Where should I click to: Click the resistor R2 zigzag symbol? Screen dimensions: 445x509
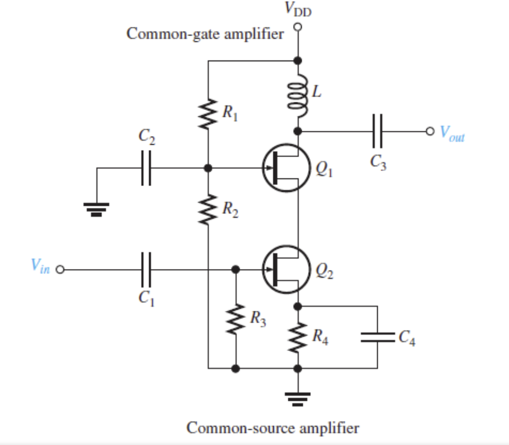(208, 209)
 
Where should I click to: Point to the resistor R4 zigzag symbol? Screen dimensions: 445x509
(298, 338)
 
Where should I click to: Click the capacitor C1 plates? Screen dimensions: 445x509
(146, 269)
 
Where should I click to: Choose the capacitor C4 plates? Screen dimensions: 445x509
(377, 338)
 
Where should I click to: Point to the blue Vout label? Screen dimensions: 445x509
(452, 133)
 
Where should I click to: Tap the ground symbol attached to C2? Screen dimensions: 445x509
(97, 209)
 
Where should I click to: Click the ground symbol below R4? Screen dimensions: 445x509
(298, 398)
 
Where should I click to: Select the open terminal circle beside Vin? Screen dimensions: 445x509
(60, 270)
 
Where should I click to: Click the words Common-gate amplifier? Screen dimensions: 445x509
(205, 34)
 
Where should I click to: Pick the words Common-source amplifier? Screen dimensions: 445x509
(272, 428)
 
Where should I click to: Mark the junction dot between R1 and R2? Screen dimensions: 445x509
(208, 169)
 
